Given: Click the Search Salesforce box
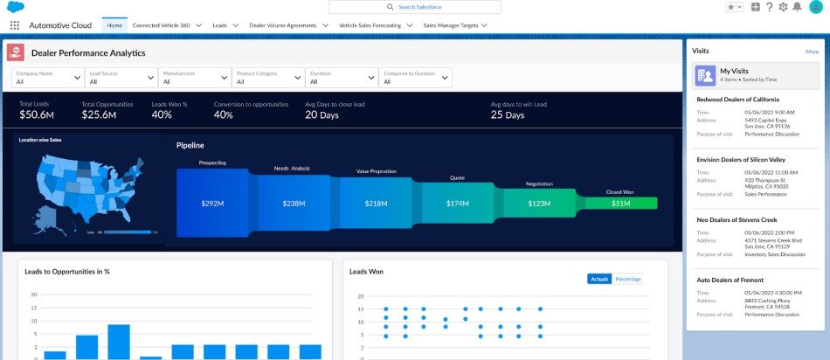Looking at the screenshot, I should [x=415, y=7].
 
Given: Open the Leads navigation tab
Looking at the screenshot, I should [x=219, y=25].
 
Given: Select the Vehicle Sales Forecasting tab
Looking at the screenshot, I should [x=370, y=25].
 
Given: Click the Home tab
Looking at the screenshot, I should [x=114, y=25].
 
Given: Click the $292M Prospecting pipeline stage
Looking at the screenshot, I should [x=212, y=203].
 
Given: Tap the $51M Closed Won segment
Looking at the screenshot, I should [x=620, y=203].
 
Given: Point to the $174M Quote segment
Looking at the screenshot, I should [x=457, y=203].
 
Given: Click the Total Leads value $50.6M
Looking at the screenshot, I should [x=37, y=114].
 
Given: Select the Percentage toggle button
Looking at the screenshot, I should [x=627, y=279].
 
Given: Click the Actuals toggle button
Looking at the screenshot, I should [x=599, y=279].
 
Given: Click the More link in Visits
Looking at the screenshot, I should [x=812, y=52].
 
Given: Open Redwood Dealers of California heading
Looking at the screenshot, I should [x=743, y=99].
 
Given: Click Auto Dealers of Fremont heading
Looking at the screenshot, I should [x=730, y=280].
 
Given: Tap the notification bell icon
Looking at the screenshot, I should [x=797, y=7].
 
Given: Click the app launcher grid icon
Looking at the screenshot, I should [x=15, y=25].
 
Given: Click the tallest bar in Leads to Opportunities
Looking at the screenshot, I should [x=119, y=342].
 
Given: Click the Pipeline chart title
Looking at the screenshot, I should [x=190, y=145].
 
